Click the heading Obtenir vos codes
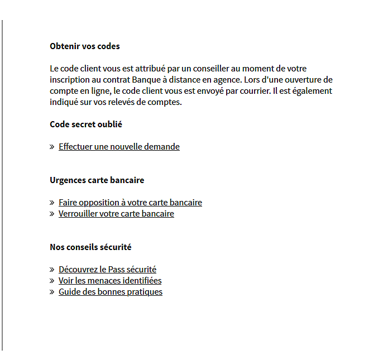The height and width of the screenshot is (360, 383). pyautogui.click(x=85, y=46)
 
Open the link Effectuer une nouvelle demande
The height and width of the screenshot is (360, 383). pyautogui.click(x=119, y=147)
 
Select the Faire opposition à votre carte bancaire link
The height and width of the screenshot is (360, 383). pyautogui.click(x=130, y=203)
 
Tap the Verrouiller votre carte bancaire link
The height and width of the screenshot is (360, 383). pyautogui.click(x=116, y=214)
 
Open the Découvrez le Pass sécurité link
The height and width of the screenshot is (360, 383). pyautogui.click(x=107, y=270)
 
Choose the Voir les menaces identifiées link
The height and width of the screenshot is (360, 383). pyautogui.click(x=110, y=281)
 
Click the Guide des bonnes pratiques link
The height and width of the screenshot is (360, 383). pyautogui.click(x=111, y=292)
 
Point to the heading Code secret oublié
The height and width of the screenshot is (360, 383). pyautogui.click(x=86, y=124)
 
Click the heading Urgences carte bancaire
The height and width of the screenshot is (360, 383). pyautogui.click(x=97, y=180)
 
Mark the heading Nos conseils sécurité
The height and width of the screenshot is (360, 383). pyautogui.click(x=90, y=247)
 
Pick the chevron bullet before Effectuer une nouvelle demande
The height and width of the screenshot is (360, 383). pyautogui.click(x=52, y=147)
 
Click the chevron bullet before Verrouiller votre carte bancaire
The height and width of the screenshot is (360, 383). pyautogui.click(x=52, y=214)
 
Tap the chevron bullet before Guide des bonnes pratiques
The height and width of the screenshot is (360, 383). pyautogui.click(x=52, y=292)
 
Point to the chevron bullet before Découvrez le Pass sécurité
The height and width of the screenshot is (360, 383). pyautogui.click(x=52, y=270)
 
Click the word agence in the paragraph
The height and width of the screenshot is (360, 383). pyautogui.click(x=224, y=80)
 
